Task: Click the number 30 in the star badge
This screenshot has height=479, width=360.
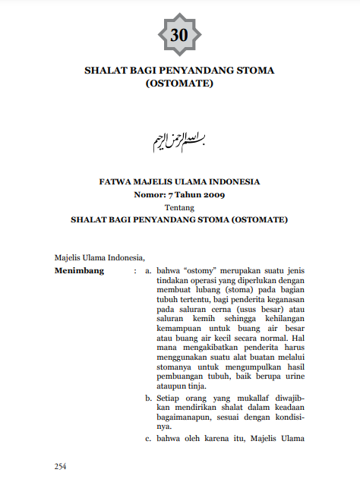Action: tap(179, 35)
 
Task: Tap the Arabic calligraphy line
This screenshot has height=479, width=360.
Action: tap(179, 139)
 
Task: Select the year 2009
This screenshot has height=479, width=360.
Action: tap(213, 194)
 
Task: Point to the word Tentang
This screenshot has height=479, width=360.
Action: tap(179, 206)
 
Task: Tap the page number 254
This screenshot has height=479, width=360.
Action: tap(62, 465)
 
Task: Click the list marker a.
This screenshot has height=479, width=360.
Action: tap(149, 269)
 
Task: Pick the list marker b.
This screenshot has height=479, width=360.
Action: tap(149, 396)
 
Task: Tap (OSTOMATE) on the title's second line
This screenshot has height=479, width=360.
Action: tap(179, 84)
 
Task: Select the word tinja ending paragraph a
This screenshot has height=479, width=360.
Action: tap(192, 386)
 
